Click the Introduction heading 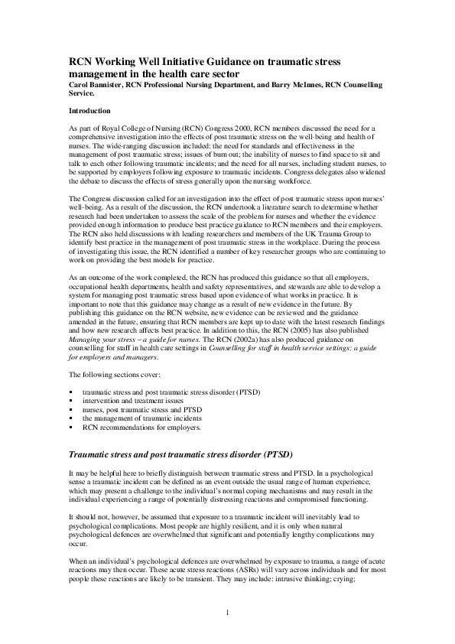point(89,111)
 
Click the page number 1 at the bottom point(228,613)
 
